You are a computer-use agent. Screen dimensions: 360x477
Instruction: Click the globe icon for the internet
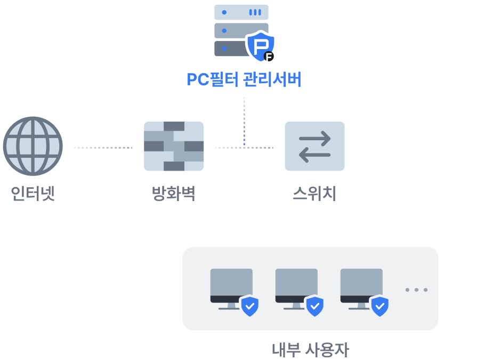pyautogui.click(x=33, y=146)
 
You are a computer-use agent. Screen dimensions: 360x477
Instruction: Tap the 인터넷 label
pyautogui.click(x=33, y=193)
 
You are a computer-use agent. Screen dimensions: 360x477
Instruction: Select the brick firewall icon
pyautogui.click(x=174, y=146)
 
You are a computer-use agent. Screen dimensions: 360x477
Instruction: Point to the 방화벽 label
pyautogui.click(x=174, y=193)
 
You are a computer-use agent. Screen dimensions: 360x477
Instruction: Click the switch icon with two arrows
pyautogui.click(x=314, y=146)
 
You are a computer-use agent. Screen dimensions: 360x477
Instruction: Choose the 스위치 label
pyautogui.click(x=314, y=193)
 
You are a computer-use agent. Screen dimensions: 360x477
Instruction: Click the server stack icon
pyautogui.click(x=235, y=29)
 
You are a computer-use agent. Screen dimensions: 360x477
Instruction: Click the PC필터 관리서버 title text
pyautogui.click(x=244, y=79)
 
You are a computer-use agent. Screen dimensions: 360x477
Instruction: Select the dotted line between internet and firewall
pyautogui.click(x=103, y=148)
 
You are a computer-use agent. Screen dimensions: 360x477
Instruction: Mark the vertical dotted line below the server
pyautogui.click(x=244, y=120)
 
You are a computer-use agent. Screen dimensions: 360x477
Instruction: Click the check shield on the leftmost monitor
pyautogui.click(x=249, y=306)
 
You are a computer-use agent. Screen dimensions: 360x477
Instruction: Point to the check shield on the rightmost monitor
pyautogui.click(x=379, y=306)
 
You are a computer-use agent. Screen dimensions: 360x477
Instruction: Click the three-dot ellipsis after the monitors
pyautogui.click(x=416, y=290)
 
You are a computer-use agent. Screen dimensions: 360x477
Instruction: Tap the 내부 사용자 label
pyautogui.click(x=310, y=350)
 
